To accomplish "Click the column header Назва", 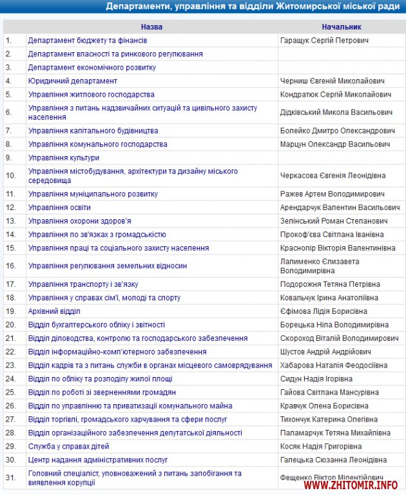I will point(151,27).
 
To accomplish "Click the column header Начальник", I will point(341,27).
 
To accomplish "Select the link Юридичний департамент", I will point(73,81).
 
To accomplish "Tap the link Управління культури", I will point(64,157).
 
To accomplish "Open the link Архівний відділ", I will point(54,311).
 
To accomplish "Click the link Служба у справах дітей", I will point(69,446).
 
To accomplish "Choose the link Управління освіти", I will point(59,208).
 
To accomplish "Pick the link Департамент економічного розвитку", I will point(92,67).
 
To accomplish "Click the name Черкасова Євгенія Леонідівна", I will point(333,175).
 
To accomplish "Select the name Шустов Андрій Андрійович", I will point(326,351).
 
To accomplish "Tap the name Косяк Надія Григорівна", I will point(323,446).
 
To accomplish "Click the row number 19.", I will point(10,311).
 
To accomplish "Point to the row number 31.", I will point(10,478).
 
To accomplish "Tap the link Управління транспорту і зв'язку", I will point(83,284).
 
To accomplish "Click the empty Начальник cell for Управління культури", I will point(341,157).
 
